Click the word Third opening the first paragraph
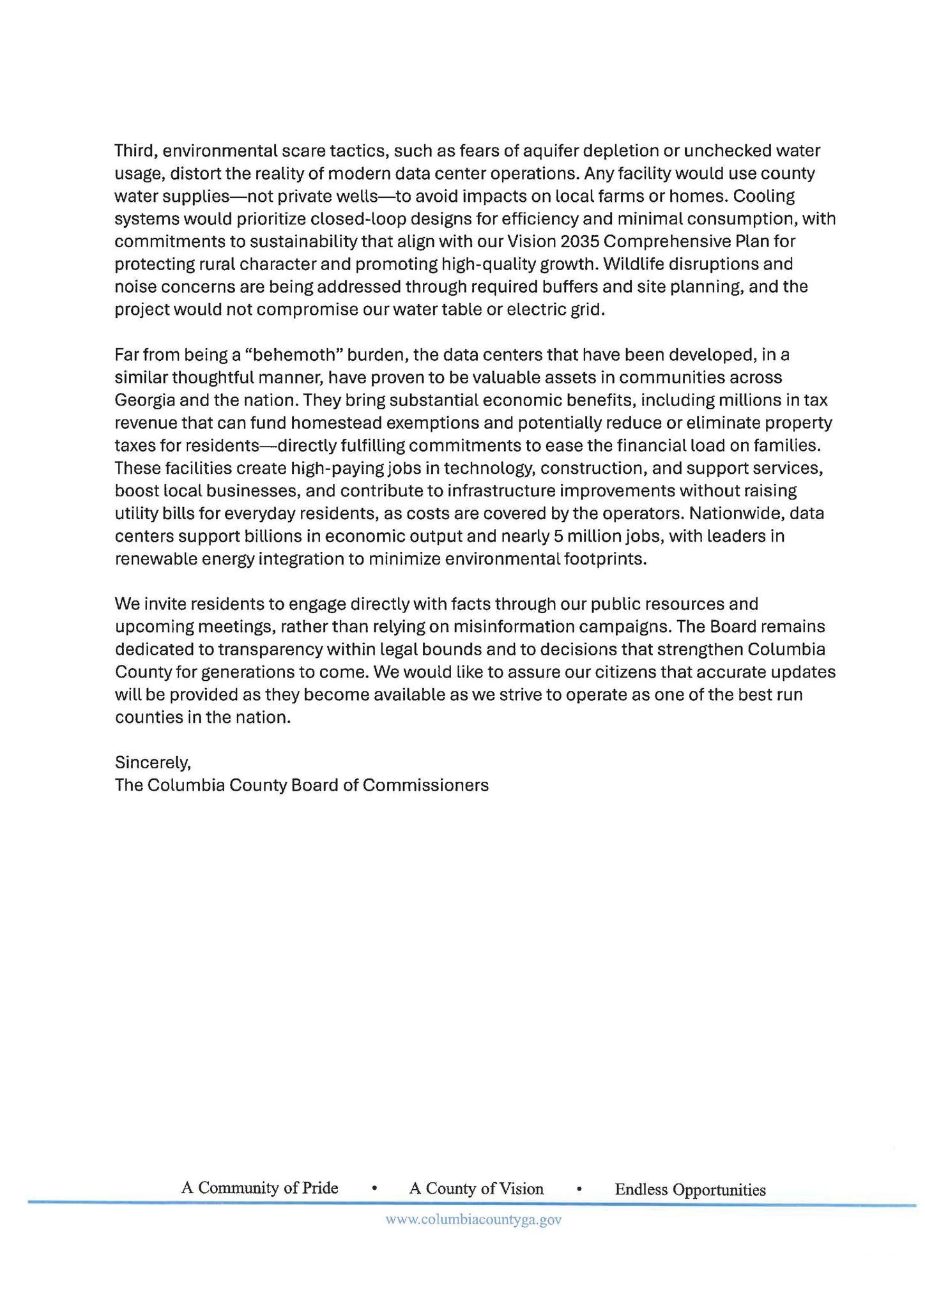tap(135, 151)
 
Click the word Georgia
tap(146, 400)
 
